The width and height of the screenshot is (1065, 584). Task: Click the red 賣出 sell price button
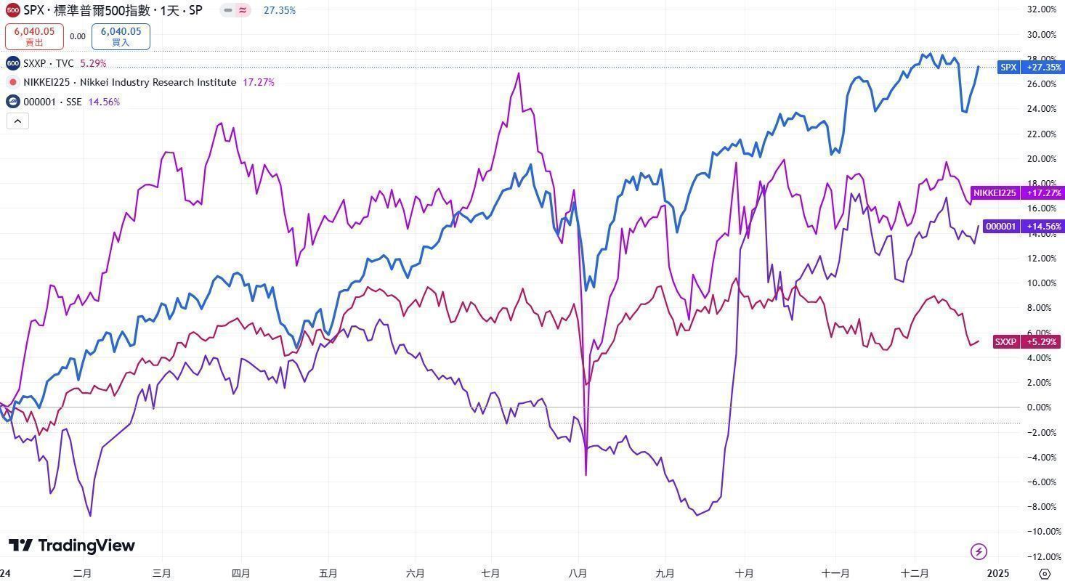[x=34, y=36]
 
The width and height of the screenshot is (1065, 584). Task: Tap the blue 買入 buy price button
[x=121, y=36]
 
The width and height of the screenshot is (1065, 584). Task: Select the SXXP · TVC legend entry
[x=49, y=63]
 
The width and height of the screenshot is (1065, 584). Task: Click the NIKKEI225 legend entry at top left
[x=129, y=82]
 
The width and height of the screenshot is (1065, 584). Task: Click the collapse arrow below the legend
[x=17, y=121]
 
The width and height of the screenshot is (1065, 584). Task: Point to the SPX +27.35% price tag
[x=1030, y=68]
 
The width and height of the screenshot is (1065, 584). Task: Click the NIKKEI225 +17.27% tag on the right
[x=1017, y=193]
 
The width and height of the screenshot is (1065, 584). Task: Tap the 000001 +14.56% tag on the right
[x=1023, y=227]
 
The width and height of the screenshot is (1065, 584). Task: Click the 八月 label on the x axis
[x=578, y=573]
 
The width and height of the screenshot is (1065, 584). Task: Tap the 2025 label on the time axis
[x=997, y=573]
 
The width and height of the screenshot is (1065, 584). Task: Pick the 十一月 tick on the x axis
[x=835, y=573]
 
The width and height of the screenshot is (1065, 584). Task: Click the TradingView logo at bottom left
[x=72, y=546]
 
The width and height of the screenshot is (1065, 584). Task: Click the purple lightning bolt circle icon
[x=979, y=551]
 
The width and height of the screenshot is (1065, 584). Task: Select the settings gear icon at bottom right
[x=1045, y=573]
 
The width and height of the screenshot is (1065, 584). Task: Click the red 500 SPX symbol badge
[x=12, y=10]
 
